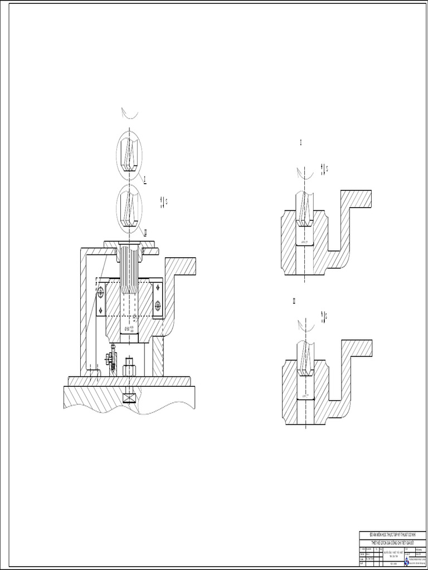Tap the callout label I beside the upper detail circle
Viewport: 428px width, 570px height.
click(145, 179)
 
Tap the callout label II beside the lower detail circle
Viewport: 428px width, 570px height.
click(145, 232)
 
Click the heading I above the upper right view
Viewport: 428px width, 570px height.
click(301, 144)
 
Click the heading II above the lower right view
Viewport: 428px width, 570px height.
click(294, 301)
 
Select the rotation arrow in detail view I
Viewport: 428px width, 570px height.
click(304, 174)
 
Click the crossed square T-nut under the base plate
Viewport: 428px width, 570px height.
click(129, 398)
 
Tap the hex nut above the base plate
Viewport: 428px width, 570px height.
click(129, 369)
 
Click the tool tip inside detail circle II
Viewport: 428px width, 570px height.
click(129, 218)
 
